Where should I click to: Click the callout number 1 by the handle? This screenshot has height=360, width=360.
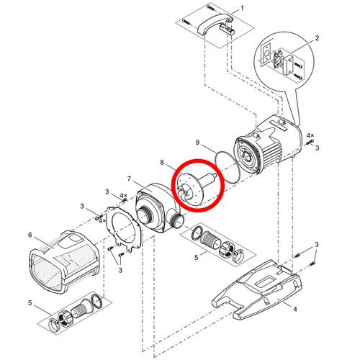tap(242, 8)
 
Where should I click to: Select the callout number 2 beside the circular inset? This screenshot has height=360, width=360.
tap(317, 38)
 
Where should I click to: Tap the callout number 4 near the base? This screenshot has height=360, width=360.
tap(295, 309)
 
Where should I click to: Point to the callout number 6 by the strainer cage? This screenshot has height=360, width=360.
tap(30, 235)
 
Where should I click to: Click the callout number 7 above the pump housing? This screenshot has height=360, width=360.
tap(129, 179)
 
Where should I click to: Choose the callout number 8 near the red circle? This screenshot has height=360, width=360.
tap(162, 163)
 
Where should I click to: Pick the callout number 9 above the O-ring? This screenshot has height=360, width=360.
tap(197, 143)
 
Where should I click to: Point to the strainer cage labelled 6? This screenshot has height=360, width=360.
tap(63, 261)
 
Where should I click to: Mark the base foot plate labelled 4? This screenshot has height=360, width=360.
tap(257, 289)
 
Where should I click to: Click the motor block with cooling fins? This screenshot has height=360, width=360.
tap(268, 144)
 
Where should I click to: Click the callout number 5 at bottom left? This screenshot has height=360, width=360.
tap(30, 303)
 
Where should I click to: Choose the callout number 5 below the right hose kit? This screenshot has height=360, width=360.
tap(197, 258)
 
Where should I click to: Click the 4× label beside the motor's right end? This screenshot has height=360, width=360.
tap(310, 135)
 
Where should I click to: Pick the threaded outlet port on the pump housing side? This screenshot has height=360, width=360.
tap(178, 220)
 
